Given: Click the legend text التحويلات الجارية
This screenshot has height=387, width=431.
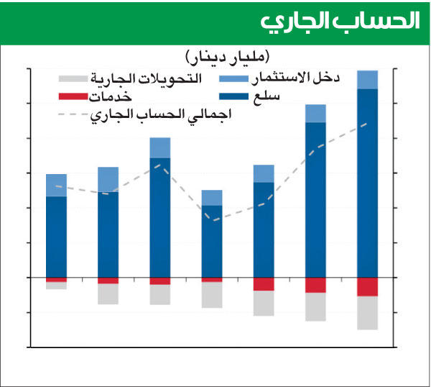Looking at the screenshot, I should [147, 77].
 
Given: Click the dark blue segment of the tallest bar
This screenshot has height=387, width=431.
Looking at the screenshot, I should [367, 183].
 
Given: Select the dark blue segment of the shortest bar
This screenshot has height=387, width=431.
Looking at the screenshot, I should [212, 241].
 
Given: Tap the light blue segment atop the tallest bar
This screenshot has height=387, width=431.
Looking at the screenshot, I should [367, 80].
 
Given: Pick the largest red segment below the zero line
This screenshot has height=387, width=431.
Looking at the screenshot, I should [367, 286].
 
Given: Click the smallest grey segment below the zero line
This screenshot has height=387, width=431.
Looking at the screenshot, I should [56, 285].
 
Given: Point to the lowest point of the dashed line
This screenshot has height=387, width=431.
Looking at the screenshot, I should [212, 220].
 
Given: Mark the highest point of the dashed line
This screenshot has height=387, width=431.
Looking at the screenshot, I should [367, 124].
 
